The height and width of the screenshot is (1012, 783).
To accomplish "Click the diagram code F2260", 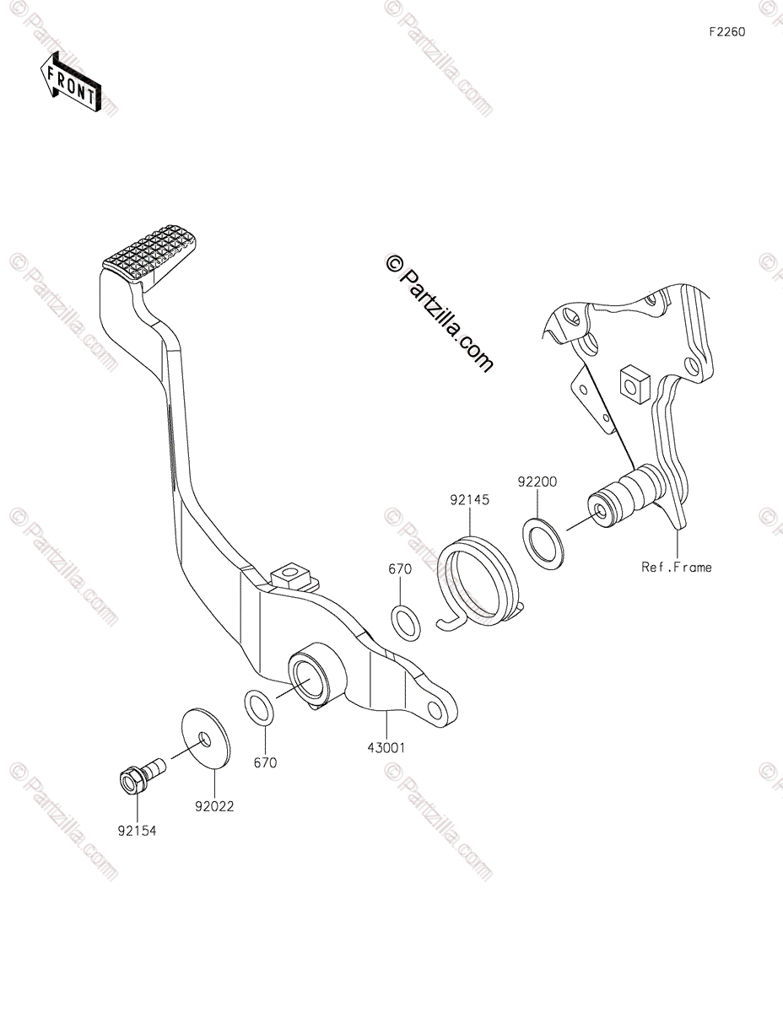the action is tap(727, 32).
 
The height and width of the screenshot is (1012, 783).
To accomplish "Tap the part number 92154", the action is tap(137, 830).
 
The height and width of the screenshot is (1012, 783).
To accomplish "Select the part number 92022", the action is tap(214, 806).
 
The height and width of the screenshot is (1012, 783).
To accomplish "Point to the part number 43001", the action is tap(387, 747).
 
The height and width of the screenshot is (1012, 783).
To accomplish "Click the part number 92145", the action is tap(469, 500).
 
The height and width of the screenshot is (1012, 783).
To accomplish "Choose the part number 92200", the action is tap(537, 481).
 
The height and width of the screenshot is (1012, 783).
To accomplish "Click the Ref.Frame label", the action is tap(677, 568).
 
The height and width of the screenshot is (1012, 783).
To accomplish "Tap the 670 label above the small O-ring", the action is tap(400, 569).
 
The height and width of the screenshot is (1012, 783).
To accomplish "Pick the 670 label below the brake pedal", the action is tap(265, 762).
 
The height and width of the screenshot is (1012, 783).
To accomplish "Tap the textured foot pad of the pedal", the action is tap(153, 250).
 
